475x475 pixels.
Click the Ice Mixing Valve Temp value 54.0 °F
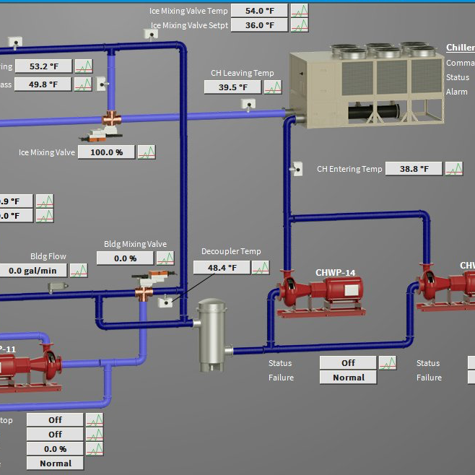[x=259, y=11]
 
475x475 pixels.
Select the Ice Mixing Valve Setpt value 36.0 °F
[x=259, y=25]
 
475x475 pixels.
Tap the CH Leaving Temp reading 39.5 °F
[x=232, y=87]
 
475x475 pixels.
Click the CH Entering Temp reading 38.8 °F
[x=413, y=169]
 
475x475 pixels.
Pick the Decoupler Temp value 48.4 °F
[x=221, y=268]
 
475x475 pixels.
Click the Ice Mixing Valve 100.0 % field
[x=106, y=152]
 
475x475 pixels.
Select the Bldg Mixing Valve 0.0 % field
[x=125, y=258]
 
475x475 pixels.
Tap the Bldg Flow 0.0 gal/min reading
[x=32, y=271]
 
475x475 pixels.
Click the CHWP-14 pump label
[x=335, y=272]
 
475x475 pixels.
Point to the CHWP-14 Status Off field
[x=348, y=363]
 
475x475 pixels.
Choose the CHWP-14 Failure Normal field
[x=348, y=378]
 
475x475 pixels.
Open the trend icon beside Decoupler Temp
[x=259, y=268]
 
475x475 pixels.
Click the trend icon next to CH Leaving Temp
[x=272, y=87]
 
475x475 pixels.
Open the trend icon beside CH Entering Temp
[x=454, y=169]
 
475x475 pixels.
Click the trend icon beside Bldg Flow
[x=78, y=271]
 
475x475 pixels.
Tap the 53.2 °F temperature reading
[x=43, y=66]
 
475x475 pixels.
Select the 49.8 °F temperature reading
[x=43, y=84]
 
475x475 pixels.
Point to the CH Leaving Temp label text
[x=243, y=73]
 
